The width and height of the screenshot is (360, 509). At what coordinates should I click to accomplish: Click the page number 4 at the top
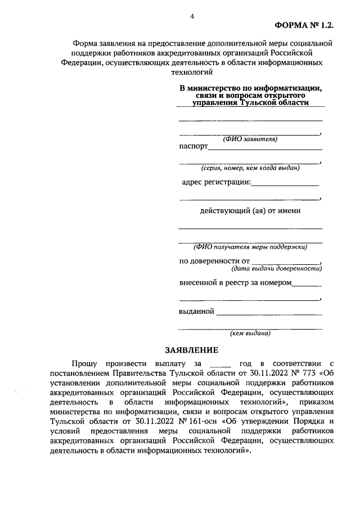(192, 16)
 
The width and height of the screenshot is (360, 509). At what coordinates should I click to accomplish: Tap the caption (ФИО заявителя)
(250, 139)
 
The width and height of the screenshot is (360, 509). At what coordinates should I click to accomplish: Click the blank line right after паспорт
(265, 149)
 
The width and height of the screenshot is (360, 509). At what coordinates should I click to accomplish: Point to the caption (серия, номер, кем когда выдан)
(250, 168)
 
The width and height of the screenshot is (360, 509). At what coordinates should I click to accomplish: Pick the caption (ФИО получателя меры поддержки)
(250, 247)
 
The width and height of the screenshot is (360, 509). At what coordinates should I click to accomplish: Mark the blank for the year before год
(220, 366)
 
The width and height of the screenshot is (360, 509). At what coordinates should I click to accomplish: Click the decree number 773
(307, 373)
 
